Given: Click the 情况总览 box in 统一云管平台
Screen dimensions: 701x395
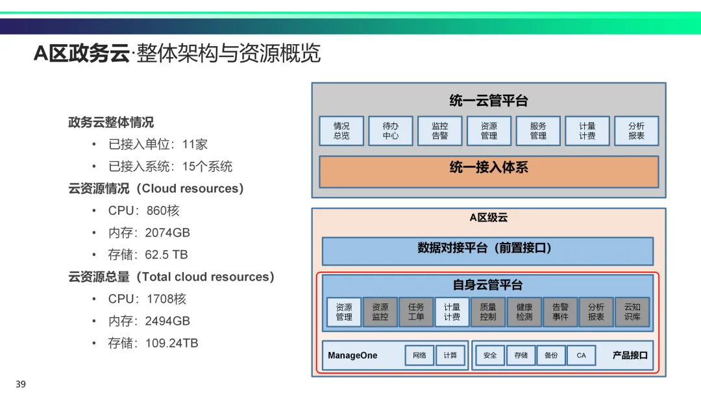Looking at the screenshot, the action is coord(341,131).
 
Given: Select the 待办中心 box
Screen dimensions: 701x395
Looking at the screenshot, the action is coord(391,131).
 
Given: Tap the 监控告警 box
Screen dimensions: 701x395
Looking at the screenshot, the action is coord(440,131).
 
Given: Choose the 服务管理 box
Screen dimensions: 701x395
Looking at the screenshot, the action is coord(538,131).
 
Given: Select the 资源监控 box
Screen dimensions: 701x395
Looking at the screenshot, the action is coord(380,312).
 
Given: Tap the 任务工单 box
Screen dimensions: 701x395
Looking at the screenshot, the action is coord(416,312).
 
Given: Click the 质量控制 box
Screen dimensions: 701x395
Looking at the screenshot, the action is coord(488,312).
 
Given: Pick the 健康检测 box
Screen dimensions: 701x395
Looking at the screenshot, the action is coord(524,312).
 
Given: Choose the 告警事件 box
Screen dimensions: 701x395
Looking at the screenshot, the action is coord(560,312).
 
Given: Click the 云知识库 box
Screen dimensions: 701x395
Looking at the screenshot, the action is coord(632,312).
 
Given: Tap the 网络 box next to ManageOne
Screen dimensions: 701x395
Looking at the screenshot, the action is coord(419,355).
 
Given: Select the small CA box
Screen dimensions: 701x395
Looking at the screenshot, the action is coord(581,355).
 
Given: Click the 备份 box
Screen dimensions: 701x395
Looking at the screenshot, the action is coord(551,355).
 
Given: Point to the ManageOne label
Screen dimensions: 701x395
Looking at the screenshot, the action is coord(352,356).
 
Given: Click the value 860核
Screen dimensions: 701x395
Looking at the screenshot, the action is coord(163,210).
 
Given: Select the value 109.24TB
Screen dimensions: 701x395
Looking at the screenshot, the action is coord(171,343).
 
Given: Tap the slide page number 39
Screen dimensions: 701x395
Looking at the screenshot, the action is coord(21,385).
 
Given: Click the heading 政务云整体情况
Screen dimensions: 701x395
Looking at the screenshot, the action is coord(111,122).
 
